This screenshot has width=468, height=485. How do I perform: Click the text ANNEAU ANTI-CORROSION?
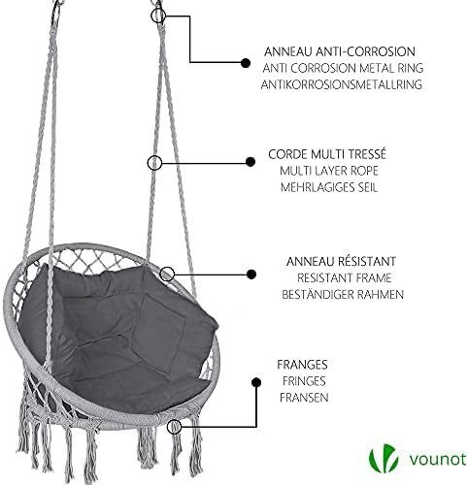tap(340, 51)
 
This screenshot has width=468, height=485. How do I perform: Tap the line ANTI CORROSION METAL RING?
tap(343, 68)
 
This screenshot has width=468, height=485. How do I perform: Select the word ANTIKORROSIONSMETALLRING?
tap(342, 84)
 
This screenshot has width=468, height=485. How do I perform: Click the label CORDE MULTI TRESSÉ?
tap(327, 154)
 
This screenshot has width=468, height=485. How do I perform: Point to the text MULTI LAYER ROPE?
tap(329, 171)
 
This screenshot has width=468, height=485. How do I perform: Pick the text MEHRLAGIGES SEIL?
tap(329, 187)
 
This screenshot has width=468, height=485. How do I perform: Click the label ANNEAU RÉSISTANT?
tap(341, 261)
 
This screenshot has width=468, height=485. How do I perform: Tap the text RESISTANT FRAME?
tap(345, 278)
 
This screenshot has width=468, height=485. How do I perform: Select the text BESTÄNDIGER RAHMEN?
tap(343, 295)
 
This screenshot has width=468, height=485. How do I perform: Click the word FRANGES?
tap(302, 365)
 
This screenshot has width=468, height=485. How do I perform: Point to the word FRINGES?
tap(304, 381)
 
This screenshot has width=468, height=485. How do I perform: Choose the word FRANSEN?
tap(304, 398)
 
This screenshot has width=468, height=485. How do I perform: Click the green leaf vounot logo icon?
tap(384, 459)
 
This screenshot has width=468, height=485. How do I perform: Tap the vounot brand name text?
tap(438, 460)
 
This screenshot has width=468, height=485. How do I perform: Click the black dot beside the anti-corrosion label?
tap(246, 63)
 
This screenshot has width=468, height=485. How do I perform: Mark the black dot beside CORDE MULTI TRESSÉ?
tap(251, 162)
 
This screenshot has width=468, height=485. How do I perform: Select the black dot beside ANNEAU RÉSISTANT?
tap(251, 275)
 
